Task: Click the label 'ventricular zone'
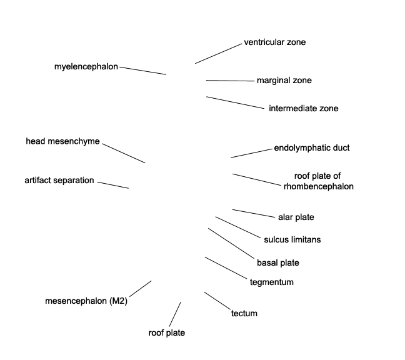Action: (x=275, y=42)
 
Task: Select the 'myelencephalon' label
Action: (x=86, y=67)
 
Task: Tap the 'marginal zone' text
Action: (x=284, y=81)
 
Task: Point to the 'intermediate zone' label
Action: (x=304, y=108)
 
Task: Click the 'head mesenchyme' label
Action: (x=62, y=141)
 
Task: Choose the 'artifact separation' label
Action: (x=59, y=180)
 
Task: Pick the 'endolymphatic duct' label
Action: (x=312, y=147)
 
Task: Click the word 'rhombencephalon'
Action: (x=319, y=186)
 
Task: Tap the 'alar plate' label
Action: (x=296, y=217)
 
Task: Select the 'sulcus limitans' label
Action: (x=292, y=239)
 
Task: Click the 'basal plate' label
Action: (x=278, y=263)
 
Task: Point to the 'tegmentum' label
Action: (x=272, y=282)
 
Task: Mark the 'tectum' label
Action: (x=244, y=313)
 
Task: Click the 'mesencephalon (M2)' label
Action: (x=86, y=301)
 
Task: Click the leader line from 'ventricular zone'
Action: (x=219, y=54)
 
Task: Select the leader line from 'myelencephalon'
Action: (x=143, y=71)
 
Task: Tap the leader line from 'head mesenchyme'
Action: (x=124, y=153)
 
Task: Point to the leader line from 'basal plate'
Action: (x=231, y=243)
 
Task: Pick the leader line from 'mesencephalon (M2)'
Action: (x=141, y=289)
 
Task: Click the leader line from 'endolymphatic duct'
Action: (x=251, y=153)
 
